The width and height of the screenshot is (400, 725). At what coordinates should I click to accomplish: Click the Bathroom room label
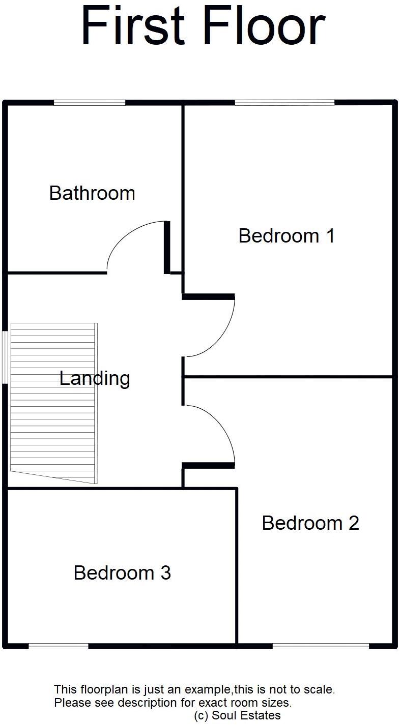(92, 193)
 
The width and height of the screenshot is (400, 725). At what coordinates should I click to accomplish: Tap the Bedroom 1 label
(287, 236)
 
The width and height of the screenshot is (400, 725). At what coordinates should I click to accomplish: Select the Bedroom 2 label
(310, 523)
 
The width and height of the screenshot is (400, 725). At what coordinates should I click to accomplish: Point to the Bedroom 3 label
(122, 573)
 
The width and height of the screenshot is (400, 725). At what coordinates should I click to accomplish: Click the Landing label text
(95, 379)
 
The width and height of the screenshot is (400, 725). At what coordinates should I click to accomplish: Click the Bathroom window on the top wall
(90, 103)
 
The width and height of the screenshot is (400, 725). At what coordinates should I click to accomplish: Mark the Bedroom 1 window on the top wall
(284, 103)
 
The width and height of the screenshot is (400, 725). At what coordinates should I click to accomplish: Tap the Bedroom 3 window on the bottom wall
(59, 646)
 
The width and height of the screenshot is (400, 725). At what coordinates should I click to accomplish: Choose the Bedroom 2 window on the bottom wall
(321, 646)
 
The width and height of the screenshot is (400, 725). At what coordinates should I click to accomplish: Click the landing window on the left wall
(4, 357)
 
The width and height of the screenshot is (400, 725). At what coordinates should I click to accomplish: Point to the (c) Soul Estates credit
(237, 716)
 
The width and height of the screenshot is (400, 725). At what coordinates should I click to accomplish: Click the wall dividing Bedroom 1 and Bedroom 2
(288, 377)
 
